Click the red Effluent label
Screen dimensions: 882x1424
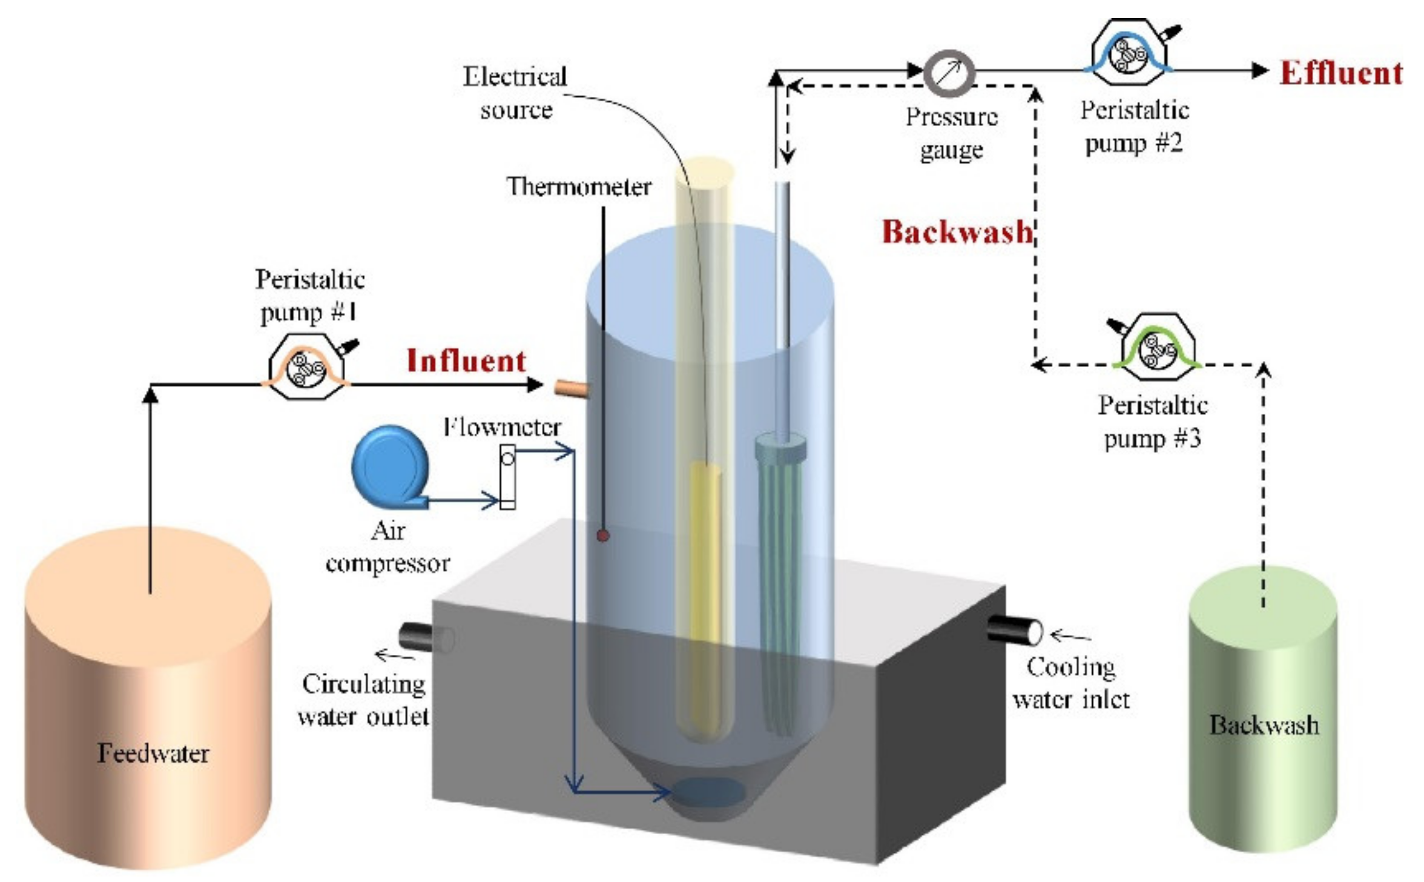[1340, 73]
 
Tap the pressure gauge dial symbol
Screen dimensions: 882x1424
[949, 73]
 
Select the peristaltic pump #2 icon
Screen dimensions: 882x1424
[1130, 53]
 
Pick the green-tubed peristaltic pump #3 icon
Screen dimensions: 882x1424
[1157, 346]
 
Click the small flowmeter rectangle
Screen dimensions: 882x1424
[507, 477]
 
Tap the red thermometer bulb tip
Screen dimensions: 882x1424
[602, 535]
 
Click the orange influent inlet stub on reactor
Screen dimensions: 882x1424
[570, 388]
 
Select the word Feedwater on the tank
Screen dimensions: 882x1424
[153, 753]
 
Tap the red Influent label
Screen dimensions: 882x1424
[466, 361]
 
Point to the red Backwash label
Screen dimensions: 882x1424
[957, 232]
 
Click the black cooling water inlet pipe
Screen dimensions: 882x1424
[1013, 629]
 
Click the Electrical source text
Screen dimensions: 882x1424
[515, 93]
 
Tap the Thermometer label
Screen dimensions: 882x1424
[578, 187]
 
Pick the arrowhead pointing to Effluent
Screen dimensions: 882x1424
[1260, 71]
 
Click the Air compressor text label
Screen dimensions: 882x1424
[387, 547]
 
